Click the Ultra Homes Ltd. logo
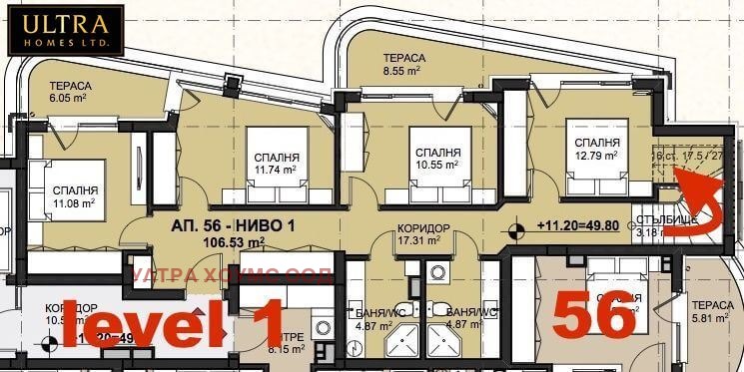point(66,30)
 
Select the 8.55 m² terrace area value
point(404,72)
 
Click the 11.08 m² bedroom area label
point(75,203)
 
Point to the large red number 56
point(594,316)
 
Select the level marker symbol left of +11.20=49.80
point(515,230)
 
